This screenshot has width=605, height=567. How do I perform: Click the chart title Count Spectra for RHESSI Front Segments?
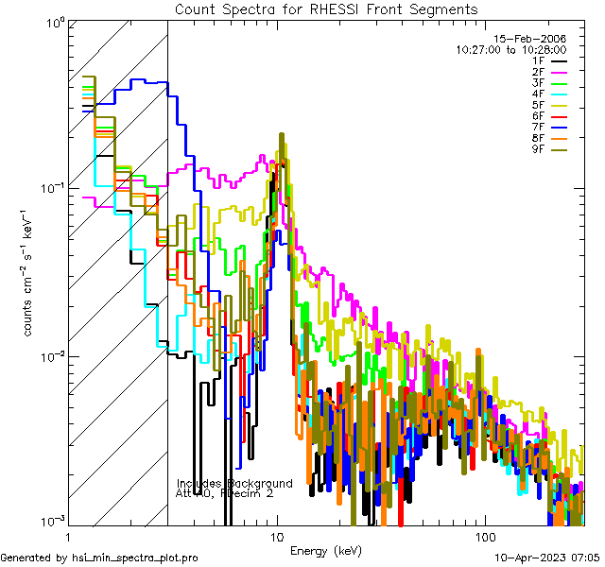point(326,9)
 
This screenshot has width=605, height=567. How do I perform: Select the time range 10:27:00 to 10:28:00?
point(510,49)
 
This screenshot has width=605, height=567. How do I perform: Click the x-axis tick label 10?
point(277,536)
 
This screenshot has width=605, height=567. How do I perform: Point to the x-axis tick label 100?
point(484,536)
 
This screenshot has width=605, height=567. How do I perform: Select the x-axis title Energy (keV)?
point(326,550)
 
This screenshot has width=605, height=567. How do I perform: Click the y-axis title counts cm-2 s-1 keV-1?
point(29,272)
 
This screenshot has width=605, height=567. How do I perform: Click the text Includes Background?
point(234,484)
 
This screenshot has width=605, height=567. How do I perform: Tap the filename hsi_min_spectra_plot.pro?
point(99,558)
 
